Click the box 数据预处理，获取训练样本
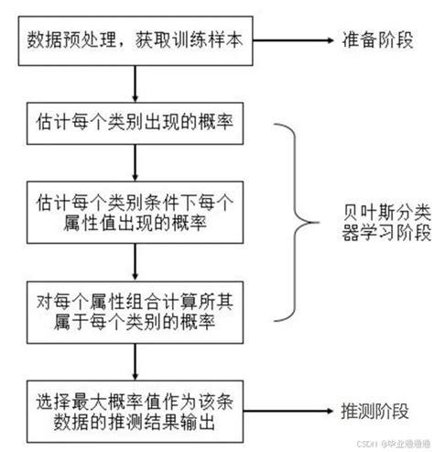pyautogui.click(x=135, y=40)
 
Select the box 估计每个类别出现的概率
pyautogui.click(x=135, y=123)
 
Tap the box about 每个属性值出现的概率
pyautogui.click(x=135, y=211)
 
